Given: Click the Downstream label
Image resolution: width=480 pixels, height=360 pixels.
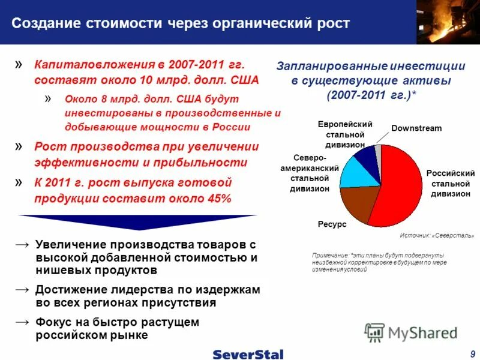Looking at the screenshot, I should [x=416, y=128].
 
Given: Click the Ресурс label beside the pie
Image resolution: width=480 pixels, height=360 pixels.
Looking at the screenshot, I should [x=332, y=224].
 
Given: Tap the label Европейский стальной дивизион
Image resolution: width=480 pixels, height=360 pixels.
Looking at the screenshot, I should [x=345, y=134].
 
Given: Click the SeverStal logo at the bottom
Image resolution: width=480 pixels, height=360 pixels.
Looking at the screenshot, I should [x=248, y=354].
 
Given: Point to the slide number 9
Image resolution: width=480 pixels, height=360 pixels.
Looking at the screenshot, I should [x=473, y=353].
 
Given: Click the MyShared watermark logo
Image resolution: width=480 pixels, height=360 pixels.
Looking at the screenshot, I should [x=411, y=332].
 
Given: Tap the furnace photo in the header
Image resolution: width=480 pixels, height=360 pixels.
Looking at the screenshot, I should [x=448, y=22].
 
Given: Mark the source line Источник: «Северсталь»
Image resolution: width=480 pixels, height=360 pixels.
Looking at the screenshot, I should [x=437, y=236].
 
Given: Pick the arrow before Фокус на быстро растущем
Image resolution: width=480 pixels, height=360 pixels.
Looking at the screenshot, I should [x=22, y=322].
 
